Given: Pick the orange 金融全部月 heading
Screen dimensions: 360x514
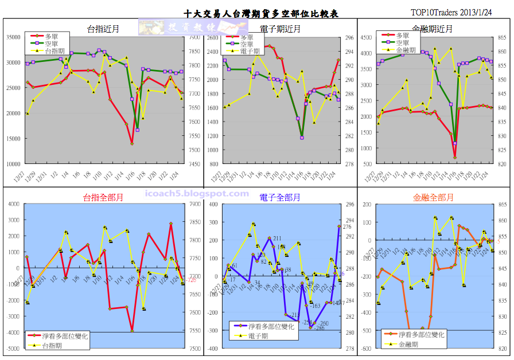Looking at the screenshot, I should click(433, 198).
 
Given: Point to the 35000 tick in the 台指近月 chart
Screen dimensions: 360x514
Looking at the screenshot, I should click(12, 37).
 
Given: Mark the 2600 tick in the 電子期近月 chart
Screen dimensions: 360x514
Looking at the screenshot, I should click(212, 37).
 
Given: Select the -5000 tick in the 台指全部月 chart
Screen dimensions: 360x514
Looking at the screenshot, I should click(11, 349).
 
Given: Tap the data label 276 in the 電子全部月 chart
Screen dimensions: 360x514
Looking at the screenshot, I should click(346, 227).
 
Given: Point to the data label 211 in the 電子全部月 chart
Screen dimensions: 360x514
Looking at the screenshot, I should click(277, 238).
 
